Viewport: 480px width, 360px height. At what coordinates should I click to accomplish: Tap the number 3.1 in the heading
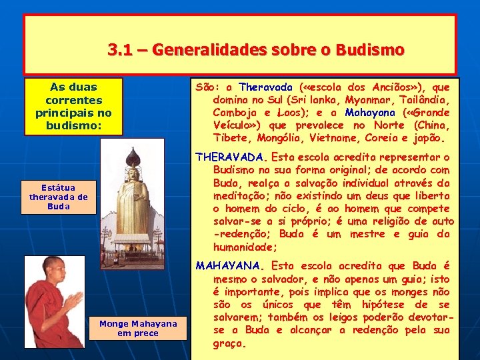(119, 50)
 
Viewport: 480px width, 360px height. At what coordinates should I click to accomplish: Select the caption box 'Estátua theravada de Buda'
(59, 197)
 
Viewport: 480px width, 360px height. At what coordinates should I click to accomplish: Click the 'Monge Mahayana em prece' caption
(138, 328)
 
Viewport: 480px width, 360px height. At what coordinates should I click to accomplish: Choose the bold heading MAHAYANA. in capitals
(230, 266)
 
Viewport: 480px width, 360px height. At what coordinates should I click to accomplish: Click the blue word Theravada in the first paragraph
(265, 87)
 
